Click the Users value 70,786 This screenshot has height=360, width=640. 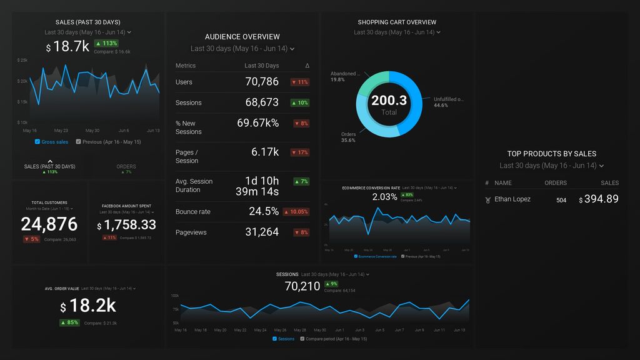pyautogui.click(x=262, y=82)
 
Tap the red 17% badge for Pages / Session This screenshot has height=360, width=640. pyautogui.click(x=300, y=152)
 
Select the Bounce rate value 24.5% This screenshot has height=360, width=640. pyautogui.click(x=264, y=211)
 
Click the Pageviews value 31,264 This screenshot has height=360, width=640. pyautogui.click(x=262, y=232)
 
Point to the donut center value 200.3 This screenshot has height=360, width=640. pyautogui.click(x=389, y=101)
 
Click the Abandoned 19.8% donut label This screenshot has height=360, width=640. pyautogui.click(x=346, y=76)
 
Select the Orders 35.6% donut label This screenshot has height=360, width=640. pyautogui.click(x=348, y=137)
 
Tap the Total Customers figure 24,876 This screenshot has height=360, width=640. pyautogui.click(x=49, y=224)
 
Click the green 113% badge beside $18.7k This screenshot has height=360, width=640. pyautogui.click(x=106, y=44)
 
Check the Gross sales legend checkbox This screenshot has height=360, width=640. pyautogui.click(x=38, y=142)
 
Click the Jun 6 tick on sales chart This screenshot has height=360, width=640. pyautogui.click(x=123, y=131)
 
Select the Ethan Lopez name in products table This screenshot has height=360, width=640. pyautogui.click(x=512, y=199)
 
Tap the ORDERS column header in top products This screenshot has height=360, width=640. pyautogui.click(x=555, y=183)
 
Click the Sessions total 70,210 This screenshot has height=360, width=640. pyautogui.click(x=302, y=287)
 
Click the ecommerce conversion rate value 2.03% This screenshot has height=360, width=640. pyautogui.click(x=384, y=197)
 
